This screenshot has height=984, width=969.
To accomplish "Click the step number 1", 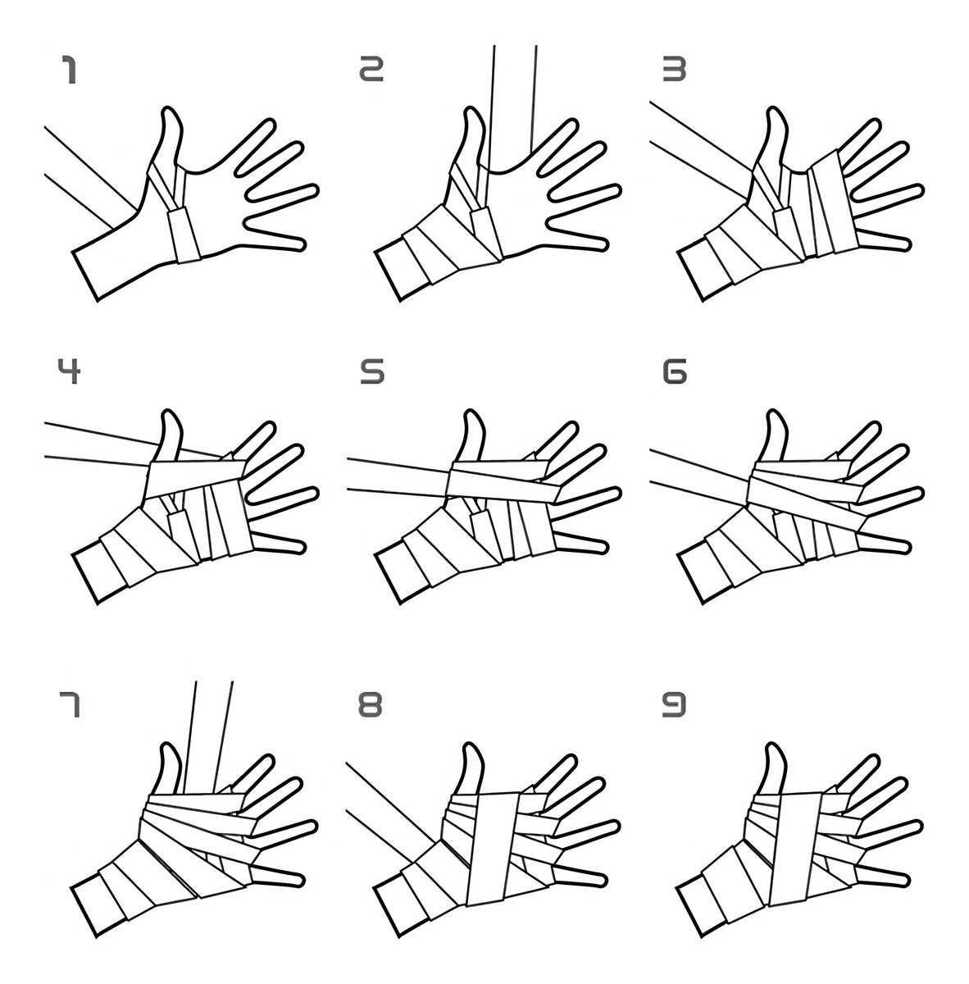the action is coord(70,70).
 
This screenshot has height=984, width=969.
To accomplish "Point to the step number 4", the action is coord(69,371).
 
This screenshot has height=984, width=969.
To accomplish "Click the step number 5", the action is coord(372,371).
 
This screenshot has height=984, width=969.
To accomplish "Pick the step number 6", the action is coord(675,371).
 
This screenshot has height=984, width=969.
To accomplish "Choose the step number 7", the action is coord(70,705).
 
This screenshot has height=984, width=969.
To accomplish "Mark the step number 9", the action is coord(674,704).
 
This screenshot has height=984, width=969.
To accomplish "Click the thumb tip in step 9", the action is coord(774,746).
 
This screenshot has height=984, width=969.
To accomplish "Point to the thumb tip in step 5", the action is coord(471,413).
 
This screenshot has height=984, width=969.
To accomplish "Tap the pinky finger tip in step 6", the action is coord(906,548).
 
